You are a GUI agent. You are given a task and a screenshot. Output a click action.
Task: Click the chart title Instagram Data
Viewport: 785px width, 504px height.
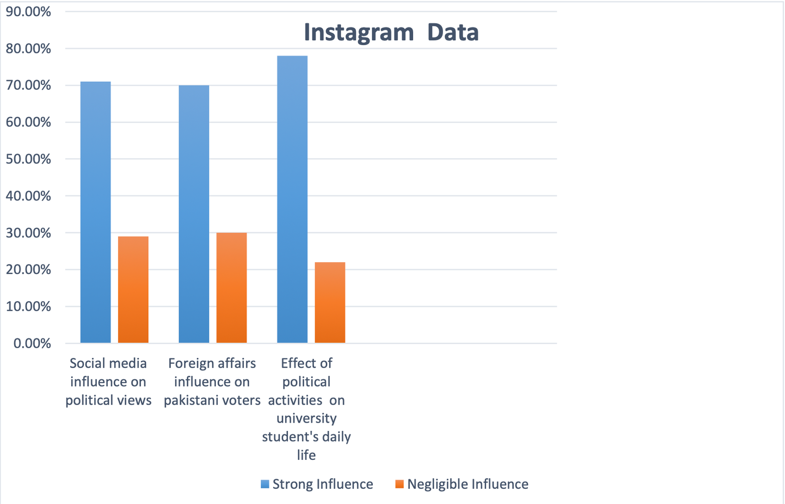coord(391,33)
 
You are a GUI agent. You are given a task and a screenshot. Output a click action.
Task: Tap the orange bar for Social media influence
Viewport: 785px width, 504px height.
coord(133,289)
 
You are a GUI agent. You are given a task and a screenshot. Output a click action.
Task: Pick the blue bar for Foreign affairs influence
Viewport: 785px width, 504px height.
coord(194,214)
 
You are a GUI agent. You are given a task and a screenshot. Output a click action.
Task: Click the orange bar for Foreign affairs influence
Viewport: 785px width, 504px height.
coord(232,288)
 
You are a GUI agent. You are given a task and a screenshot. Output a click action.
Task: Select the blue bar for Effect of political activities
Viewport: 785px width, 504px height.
coord(292,199)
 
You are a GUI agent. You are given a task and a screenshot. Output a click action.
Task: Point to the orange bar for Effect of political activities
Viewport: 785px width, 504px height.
coord(330,302)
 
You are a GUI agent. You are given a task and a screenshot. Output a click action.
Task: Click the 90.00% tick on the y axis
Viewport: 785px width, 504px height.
coord(28,12)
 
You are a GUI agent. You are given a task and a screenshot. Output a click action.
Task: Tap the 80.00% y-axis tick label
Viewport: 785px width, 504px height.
coord(28,49)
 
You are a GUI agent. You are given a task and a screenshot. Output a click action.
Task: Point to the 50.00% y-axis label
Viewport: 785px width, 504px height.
coord(28,159)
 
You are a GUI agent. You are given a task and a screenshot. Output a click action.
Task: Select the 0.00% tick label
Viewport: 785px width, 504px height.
coord(32,343)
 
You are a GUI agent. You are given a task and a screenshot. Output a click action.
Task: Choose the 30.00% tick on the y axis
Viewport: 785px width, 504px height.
coord(28,233)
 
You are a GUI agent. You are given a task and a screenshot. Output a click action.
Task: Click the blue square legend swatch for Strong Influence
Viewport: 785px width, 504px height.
coord(265,484)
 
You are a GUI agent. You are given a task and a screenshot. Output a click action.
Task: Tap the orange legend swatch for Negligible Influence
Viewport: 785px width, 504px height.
coord(399,484)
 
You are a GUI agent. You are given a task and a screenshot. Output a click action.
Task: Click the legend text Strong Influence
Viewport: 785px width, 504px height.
coord(323,484)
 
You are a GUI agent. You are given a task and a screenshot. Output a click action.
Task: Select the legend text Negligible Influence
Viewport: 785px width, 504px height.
coord(468,484)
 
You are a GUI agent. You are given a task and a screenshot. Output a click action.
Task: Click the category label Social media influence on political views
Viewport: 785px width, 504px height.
coord(108,381)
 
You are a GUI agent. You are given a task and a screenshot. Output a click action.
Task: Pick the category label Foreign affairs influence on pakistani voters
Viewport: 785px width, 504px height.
coord(212,381)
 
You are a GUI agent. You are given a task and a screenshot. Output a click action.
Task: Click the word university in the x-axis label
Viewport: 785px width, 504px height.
coord(306,418)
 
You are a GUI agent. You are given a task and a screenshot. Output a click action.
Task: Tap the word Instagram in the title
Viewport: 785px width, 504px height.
coord(359,33)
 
